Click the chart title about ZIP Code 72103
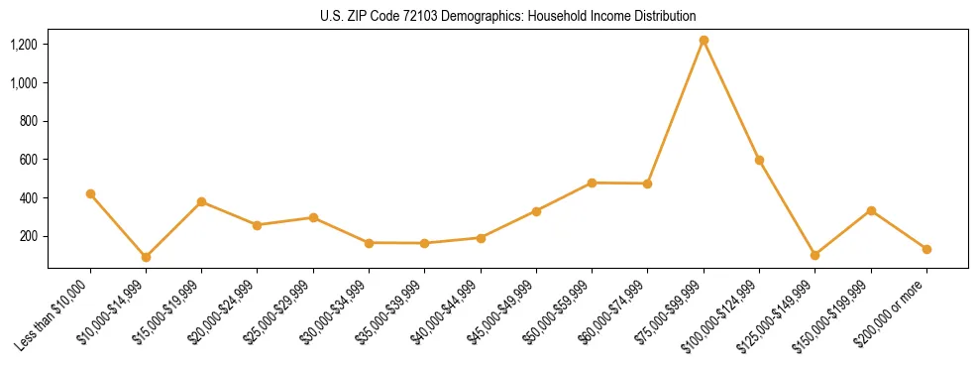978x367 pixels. pos(507,16)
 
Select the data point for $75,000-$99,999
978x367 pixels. pos(704,41)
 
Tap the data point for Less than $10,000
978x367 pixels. pos(90,194)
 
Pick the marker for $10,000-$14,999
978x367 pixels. pos(146,257)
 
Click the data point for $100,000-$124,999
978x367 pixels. pos(759,160)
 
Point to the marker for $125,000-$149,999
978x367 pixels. pos(815,255)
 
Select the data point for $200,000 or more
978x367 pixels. pos(926,249)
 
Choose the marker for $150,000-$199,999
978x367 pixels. pos(871,210)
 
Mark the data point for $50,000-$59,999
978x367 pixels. pos(592,183)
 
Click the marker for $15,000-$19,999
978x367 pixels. pos(201,201)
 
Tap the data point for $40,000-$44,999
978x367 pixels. pos(481,238)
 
